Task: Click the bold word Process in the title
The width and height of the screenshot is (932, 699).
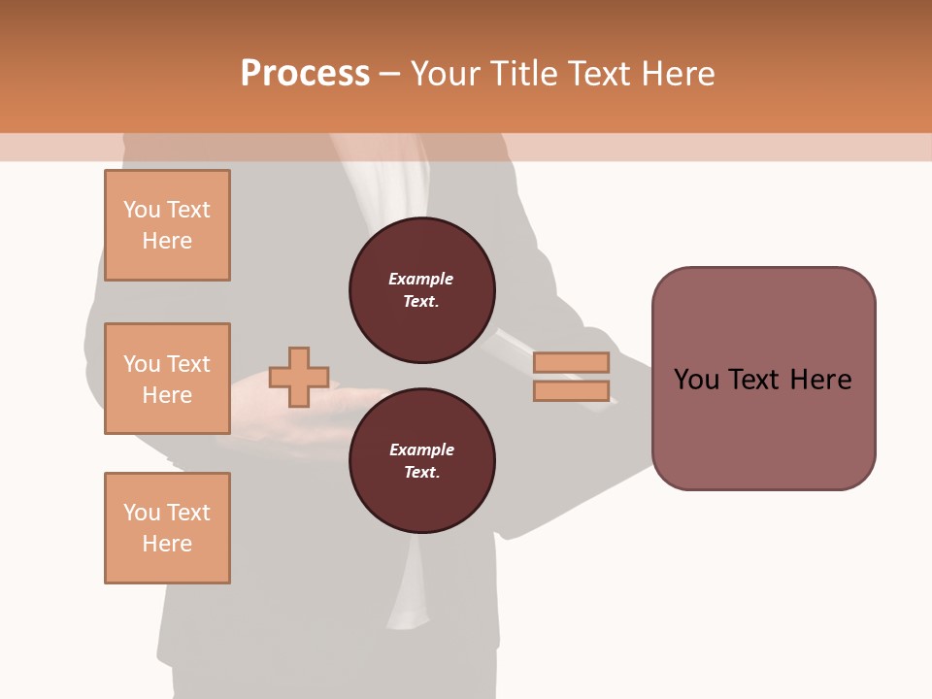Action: pyautogui.click(x=305, y=73)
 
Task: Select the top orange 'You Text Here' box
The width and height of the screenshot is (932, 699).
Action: pyautogui.click(x=167, y=225)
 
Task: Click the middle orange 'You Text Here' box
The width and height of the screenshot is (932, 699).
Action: pyautogui.click(x=167, y=379)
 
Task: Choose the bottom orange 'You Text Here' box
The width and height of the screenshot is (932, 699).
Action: pyautogui.click(x=167, y=528)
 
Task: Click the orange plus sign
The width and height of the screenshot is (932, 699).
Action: pyautogui.click(x=299, y=377)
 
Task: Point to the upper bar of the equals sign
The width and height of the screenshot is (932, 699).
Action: pyautogui.click(x=571, y=363)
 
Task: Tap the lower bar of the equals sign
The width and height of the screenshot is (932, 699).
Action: pyautogui.click(x=571, y=390)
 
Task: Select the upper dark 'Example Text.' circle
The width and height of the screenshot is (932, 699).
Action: pyautogui.click(x=422, y=290)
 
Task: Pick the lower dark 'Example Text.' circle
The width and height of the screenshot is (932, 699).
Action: pyautogui.click(x=422, y=461)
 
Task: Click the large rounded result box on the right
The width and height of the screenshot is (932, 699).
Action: pyautogui.click(x=763, y=379)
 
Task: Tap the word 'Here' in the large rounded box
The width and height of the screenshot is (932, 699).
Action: pyautogui.click(x=821, y=380)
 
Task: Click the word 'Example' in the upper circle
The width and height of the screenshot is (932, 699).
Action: pyautogui.click(x=420, y=279)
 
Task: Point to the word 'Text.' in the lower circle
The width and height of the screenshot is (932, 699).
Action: pyautogui.click(x=421, y=473)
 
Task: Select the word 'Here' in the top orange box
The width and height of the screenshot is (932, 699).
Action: pyautogui.click(x=167, y=241)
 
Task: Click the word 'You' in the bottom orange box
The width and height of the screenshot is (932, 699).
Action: pyautogui.click(x=142, y=513)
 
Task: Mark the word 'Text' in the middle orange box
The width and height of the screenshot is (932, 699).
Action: pyautogui.click(x=188, y=364)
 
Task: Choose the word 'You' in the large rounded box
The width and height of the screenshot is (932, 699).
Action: pyautogui.click(x=696, y=380)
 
